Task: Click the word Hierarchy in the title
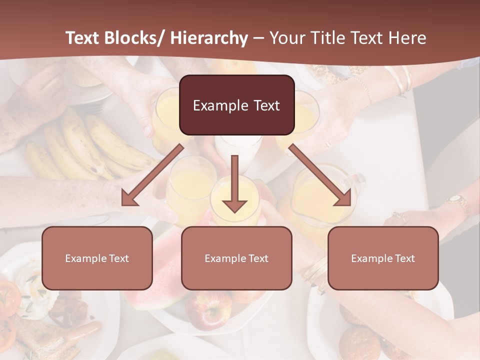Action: click(x=209, y=38)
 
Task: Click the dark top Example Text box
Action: click(x=236, y=105)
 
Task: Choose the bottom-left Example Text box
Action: click(x=97, y=258)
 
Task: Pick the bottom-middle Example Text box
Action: click(x=236, y=258)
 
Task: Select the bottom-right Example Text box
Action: click(x=383, y=258)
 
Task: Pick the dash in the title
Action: click(x=258, y=38)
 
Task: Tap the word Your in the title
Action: click(x=287, y=38)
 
